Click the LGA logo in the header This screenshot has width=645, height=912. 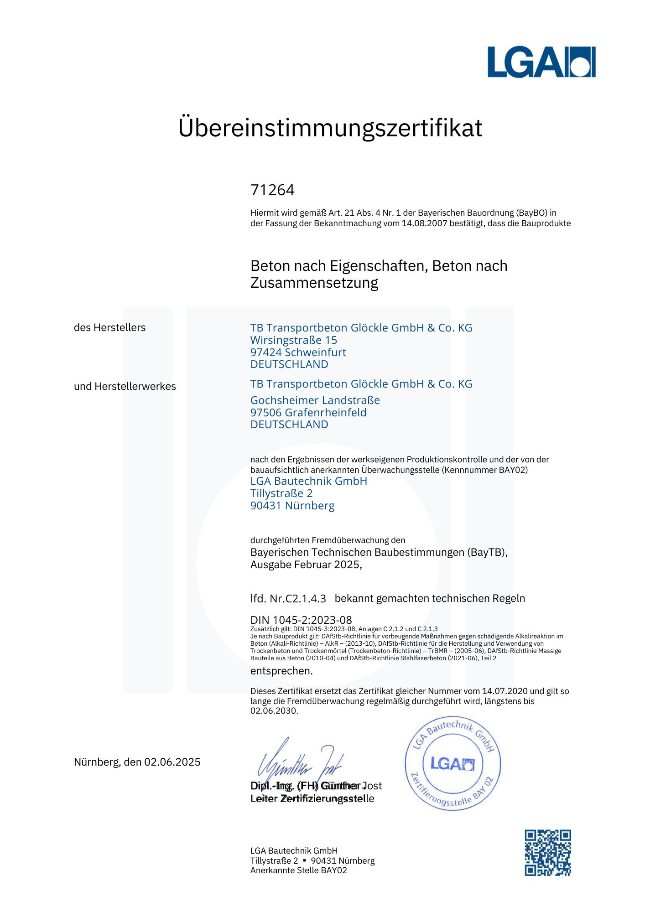541,62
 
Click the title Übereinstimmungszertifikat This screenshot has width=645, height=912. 330,128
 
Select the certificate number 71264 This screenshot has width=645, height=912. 272,190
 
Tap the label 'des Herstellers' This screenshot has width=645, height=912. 109,327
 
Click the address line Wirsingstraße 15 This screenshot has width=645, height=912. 294,340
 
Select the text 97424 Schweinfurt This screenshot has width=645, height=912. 298,352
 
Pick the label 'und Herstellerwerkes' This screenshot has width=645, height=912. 125,386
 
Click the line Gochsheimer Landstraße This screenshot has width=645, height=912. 315,400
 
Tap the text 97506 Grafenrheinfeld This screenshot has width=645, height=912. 308,413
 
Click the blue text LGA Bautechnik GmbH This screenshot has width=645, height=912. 308,481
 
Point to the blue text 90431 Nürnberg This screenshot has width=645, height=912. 292,506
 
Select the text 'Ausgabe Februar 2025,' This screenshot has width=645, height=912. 306,565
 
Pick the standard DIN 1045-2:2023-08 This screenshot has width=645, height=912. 301,620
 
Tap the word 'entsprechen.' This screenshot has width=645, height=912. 281,671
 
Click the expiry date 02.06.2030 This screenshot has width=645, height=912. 274,711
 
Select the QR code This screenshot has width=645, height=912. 547,853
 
